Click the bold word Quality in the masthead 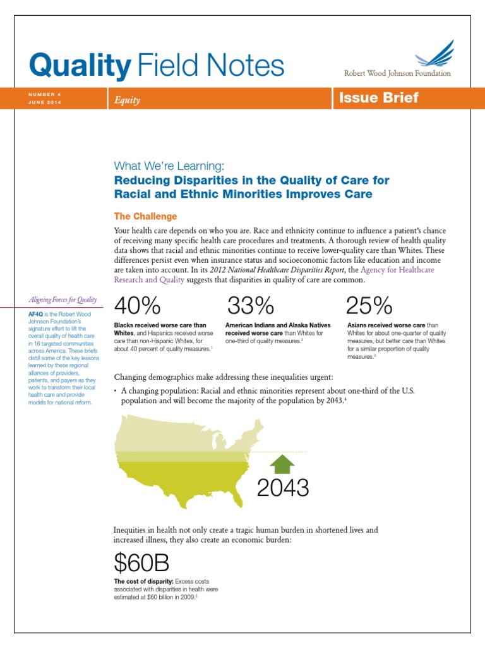click(x=80, y=65)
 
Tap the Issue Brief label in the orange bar click(x=378, y=98)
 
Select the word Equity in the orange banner click(x=127, y=100)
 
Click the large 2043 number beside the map click(x=283, y=488)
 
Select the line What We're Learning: click(x=169, y=166)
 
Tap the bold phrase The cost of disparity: click(x=143, y=581)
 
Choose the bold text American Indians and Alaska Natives click(x=277, y=325)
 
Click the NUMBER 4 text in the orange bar click(x=45, y=94)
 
